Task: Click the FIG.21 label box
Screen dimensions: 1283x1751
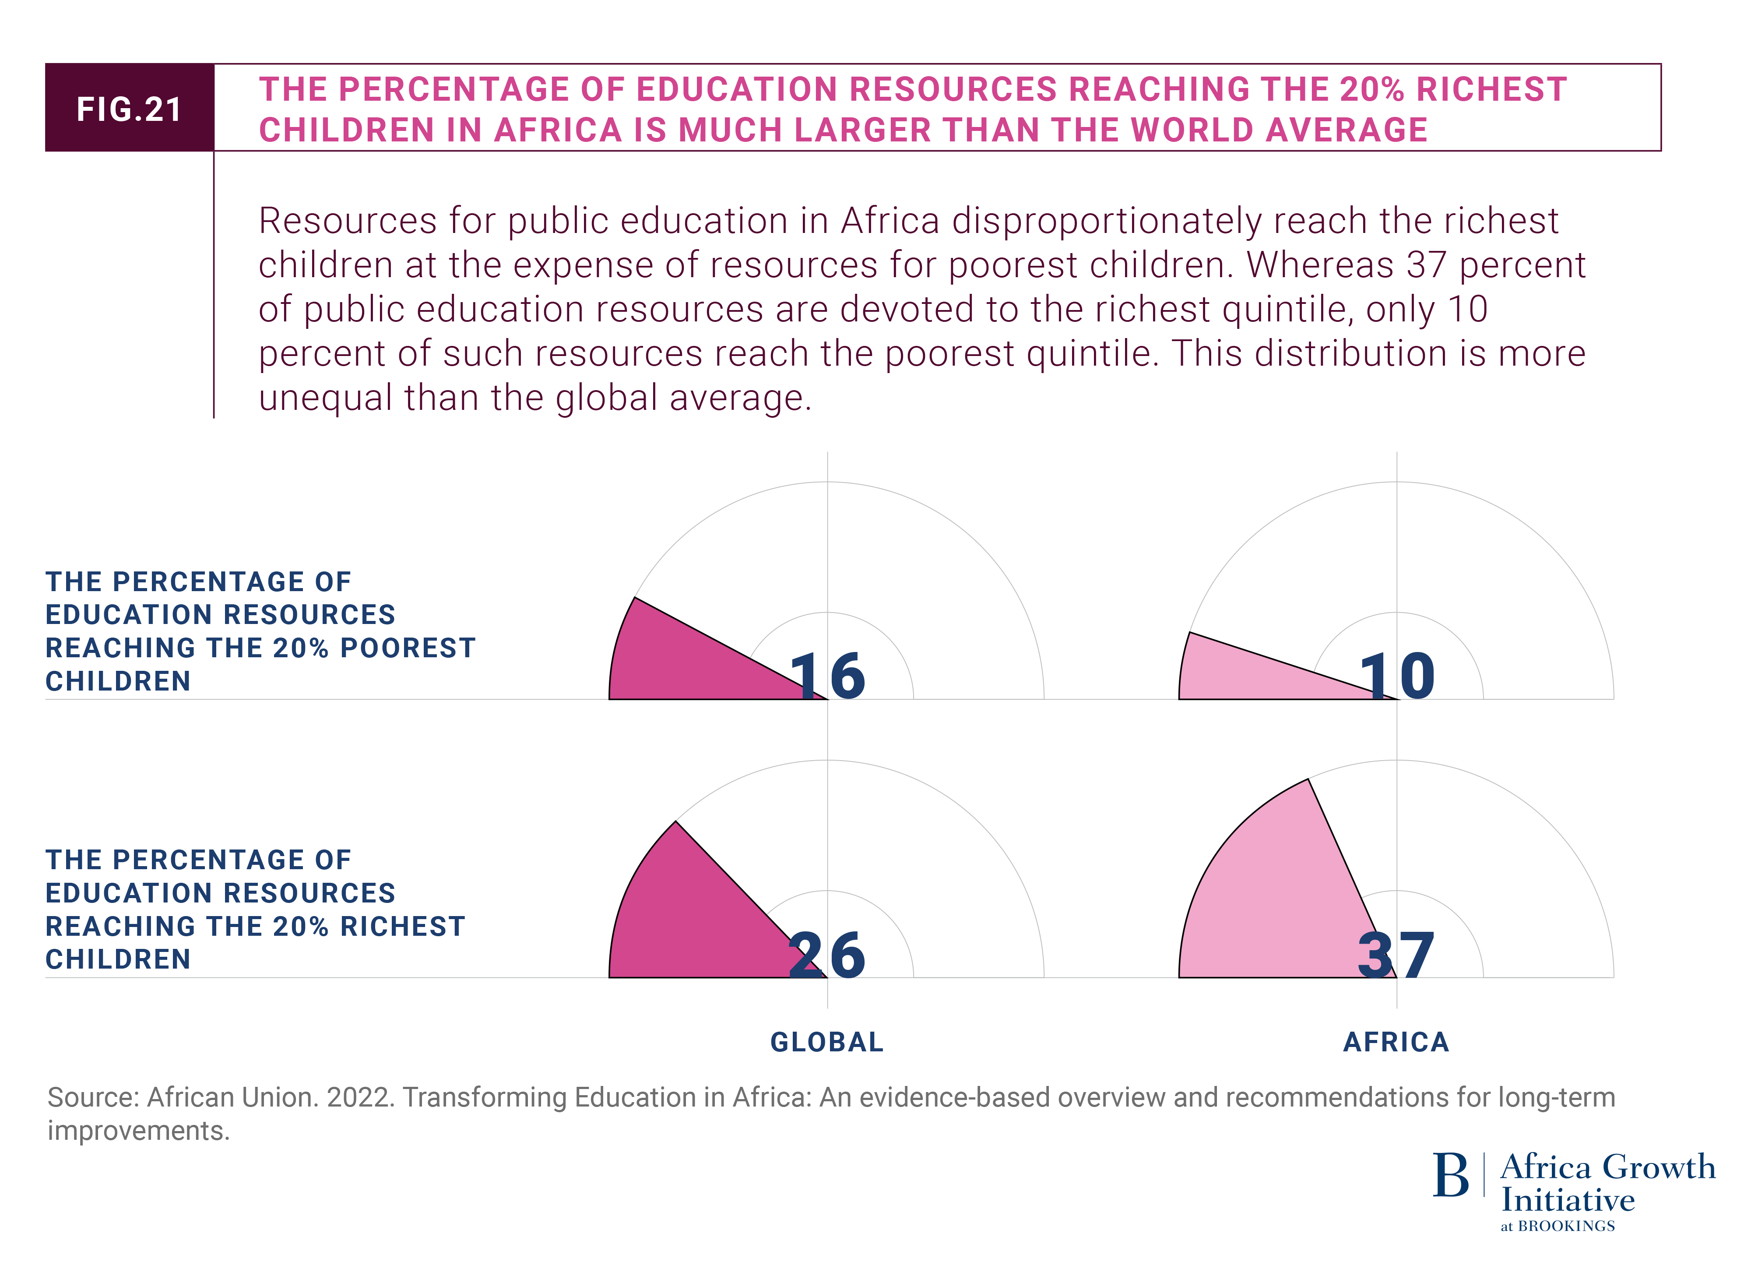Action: pyautogui.click(x=129, y=108)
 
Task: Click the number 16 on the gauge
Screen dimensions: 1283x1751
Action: pyautogui.click(x=827, y=676)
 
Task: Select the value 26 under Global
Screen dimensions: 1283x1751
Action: pyautogui.click(x=827, y=955)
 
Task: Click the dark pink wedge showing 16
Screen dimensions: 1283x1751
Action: pyautogui.click(x=675, y=660)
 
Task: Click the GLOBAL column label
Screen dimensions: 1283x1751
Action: pyautogui.click(x=827, y=1041)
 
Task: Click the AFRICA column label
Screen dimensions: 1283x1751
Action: pyautogui.click(x=1396, y=1041)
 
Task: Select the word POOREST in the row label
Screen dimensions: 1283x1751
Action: pyautogui.click(x=408, y=648)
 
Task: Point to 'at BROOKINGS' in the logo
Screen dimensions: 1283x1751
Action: pyautogui.click(x=1557, y=1227)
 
